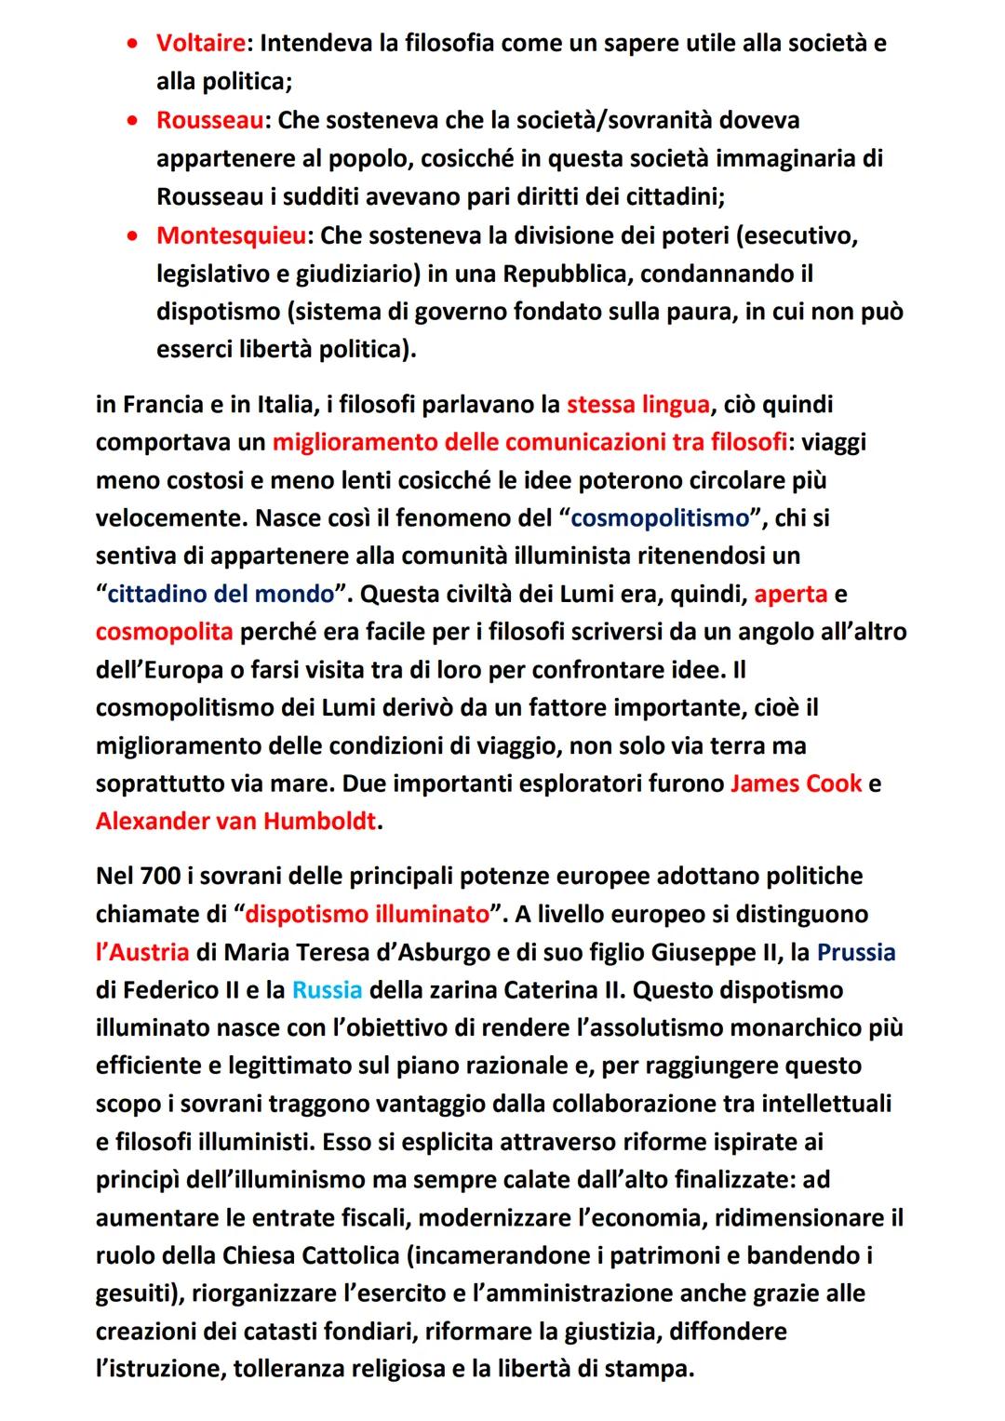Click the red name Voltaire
tap(200, 43)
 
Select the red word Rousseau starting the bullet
tap(209, 120)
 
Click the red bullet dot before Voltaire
tap(136, 44)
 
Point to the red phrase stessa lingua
tap(637, 405)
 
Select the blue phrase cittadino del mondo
tap(221, 594)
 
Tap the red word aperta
tap(791, 594)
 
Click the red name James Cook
tap(796, 784)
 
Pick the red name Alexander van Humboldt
tap(236, 822)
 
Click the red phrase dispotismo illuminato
tap(367, 914)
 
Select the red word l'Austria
tap(142, 952)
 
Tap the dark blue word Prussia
tap(856, 952)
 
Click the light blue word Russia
tap(327, 990)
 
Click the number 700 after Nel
tap(160, 876)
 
